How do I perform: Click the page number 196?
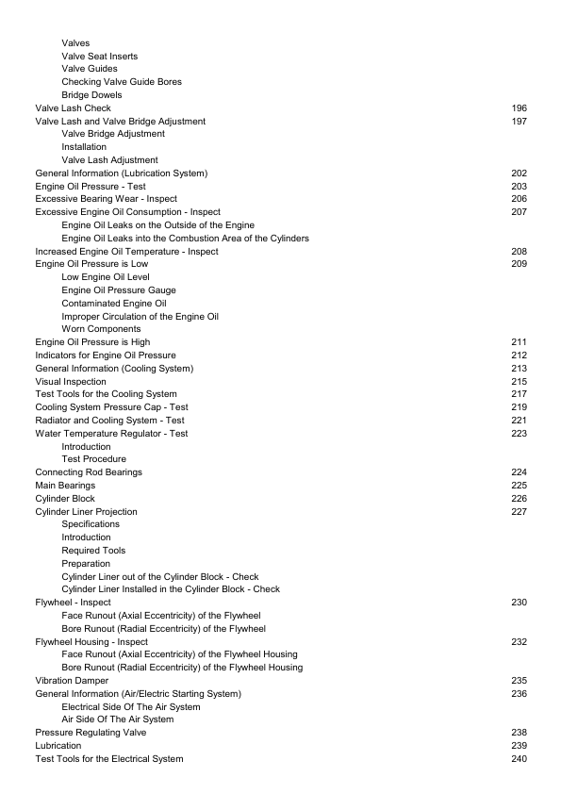[519, 108]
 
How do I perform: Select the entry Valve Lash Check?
[73, 108]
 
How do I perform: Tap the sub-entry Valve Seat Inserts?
[99, 57]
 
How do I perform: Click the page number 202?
[519, 174]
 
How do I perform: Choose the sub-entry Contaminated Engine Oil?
[113, 304]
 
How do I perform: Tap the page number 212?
[519, 355]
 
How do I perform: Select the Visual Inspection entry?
[71, 381]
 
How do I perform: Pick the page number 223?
[519, 434]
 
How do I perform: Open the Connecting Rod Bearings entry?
[89, 471]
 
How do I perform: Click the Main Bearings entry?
[65, 485]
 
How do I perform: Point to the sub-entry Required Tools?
[93, 550]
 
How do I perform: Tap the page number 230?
[519, 602]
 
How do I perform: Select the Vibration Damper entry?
[72, 680]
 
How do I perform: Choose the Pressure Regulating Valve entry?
[91, 733]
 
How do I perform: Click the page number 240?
[519, 759]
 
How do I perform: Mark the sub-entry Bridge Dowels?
[91, 95]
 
